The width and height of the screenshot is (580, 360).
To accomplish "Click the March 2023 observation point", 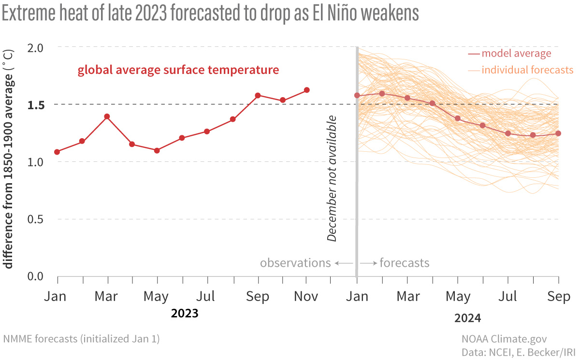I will [107, 116].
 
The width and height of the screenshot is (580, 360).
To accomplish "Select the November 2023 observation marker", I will [306, 90].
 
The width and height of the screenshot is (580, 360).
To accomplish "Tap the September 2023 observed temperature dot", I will [258, 95].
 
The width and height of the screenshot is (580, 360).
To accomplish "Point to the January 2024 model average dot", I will [357, 95].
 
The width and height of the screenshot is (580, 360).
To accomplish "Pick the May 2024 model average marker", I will [457, 118].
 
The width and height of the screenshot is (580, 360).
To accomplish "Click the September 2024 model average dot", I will [558, 133].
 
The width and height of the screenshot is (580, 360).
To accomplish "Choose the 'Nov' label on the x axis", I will [306, 296].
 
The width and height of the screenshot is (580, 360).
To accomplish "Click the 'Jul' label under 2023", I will [207, 296].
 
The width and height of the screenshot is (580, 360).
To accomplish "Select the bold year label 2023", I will [185, 314].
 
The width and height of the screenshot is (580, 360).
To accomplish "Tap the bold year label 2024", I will [468, 318].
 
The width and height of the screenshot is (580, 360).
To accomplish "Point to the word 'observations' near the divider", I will [295, 263].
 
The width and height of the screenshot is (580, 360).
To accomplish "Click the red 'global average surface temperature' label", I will [178, 70].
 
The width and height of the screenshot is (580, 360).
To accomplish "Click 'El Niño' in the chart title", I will [332, 14].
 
